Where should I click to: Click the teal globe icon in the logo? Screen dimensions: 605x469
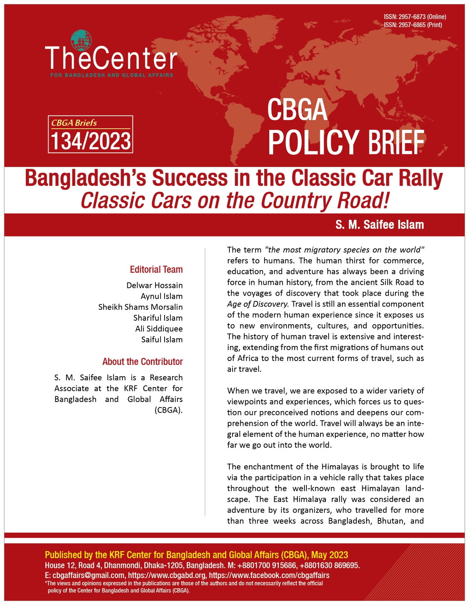[x=81, y=40]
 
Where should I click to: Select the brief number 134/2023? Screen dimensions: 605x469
[x=91, y=141]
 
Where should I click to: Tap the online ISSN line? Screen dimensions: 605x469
[x=415, y=17]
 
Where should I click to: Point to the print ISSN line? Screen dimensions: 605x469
[x=413, y=25]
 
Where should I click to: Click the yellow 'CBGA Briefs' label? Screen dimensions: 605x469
[x=74, y=123]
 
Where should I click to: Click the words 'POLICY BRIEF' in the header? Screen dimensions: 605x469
[x=346, y=142]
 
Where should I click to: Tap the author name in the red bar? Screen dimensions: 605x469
[x=379, y=225]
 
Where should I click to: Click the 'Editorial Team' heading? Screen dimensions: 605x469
[x=156, y=269]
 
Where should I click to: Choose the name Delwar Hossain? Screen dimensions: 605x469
[x=154, y=285]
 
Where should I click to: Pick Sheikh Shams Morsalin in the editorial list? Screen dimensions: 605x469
[x=140, y=307]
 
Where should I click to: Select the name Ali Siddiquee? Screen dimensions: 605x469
[x=159, y=329]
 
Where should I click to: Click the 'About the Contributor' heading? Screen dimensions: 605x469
[x=143, y=362]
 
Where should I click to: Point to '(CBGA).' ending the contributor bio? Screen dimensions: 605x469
[x=168, y=410]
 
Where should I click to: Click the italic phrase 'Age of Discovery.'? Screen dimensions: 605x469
[x=258, y=304]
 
